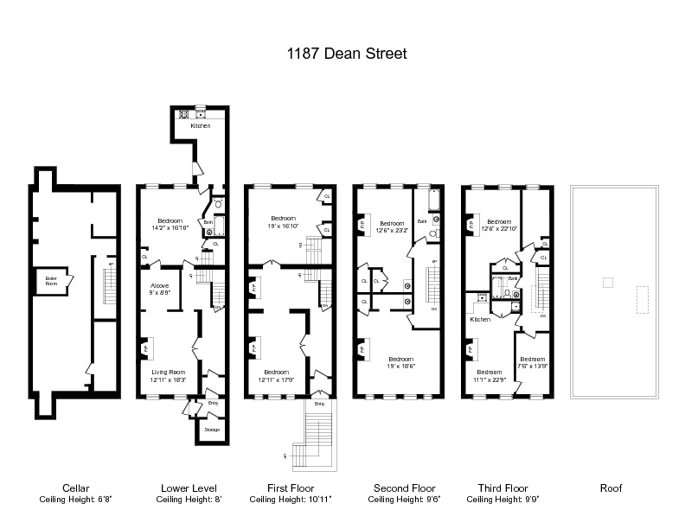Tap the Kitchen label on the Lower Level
[201, 126]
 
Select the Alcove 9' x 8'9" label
[160, 289]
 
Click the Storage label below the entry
[212, 430]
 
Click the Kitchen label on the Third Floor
[480, 320]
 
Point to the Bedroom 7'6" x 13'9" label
[532, 363]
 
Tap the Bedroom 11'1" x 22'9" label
[489, 376]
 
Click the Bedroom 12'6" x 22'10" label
[501, 225]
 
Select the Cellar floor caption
[76, 488]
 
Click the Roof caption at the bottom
[611, 488]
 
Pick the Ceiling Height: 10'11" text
[291, 500]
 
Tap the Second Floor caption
[404, 488]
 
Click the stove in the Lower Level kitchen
[183, 113]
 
